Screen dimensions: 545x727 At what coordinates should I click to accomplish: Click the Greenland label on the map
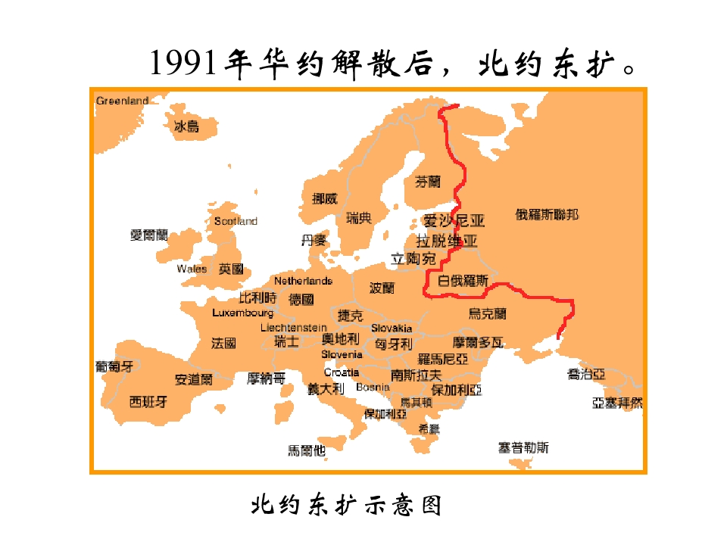[122, 101]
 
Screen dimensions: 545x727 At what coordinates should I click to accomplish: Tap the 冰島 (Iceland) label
[186, 126]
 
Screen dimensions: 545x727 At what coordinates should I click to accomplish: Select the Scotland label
[236, 221]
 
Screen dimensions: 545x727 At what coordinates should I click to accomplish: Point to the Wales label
[192, 269]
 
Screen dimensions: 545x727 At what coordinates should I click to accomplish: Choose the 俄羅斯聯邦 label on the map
[547, 214]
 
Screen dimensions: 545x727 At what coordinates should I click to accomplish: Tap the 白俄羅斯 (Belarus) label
[463, 281]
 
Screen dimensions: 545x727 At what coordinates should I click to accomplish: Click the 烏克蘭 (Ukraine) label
[488, 313]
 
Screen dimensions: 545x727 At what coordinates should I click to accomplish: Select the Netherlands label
[303, 281]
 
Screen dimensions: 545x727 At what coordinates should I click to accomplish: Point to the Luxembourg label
[242, 313]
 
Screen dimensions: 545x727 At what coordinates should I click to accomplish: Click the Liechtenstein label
[294, 328]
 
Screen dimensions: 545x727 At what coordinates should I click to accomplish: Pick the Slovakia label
[392, 329]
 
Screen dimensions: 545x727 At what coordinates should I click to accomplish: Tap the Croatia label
[342, 372]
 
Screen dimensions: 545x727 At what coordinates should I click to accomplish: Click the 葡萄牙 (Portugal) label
[114, 366]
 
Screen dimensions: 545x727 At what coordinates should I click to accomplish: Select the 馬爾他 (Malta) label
[307, 450]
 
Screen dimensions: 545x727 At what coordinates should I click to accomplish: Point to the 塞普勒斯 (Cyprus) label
[523, 447]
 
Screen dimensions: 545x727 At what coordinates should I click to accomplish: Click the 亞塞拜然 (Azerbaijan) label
[617, 403]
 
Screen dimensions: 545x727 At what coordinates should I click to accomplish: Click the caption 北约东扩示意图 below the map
[346, 505]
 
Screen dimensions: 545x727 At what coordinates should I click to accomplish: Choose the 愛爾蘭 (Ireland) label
[149, 235]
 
